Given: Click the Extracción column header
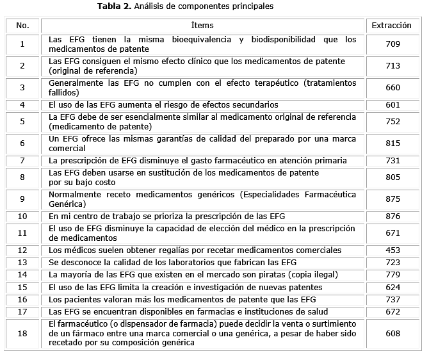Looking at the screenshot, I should click(393, 26).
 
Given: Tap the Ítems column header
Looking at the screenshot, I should click(202, 26).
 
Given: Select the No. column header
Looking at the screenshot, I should click(22, 26).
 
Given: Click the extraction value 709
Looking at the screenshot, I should click(393, 44).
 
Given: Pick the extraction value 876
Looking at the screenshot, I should click(393, 217).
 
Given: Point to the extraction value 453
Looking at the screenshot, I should click(393, 250).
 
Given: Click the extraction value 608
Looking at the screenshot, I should click(393, 333).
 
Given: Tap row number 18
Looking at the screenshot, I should click(22, 333).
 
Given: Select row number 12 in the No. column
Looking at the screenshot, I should click(22, 250).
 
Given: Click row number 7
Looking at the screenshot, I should click(22, 160).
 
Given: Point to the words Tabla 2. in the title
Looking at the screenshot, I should click(114, 7).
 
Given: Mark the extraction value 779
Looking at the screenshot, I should click(393, 275).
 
